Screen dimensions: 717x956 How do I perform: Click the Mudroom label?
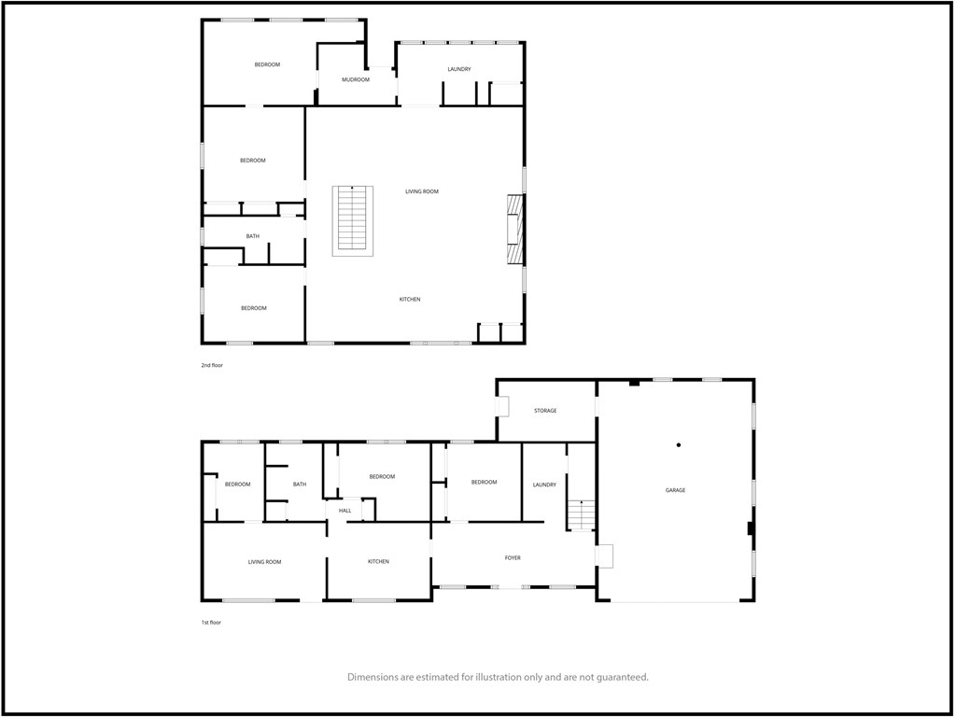coord(355,80)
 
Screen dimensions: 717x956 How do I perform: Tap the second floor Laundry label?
coord(458,69)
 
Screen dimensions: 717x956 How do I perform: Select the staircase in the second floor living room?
coord(352,220)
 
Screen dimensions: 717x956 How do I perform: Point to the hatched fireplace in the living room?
coord(513,232)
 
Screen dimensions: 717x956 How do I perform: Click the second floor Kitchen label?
coord(410,300)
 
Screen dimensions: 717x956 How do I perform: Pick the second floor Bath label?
coord(253,236)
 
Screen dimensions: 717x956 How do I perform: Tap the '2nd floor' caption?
coord(212,365)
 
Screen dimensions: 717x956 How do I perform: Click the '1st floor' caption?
coord(211,622)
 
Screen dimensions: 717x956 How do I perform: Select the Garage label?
coord(675,490)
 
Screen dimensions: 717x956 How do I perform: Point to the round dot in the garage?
coord(679,444)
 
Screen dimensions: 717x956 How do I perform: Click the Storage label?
coord(545,411)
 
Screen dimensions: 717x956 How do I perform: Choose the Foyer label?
coord(513,558)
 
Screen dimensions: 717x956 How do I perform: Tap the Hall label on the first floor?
coord(344,511)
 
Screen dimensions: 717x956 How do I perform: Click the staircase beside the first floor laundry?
coord(581,515)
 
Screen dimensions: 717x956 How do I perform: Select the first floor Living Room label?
coord(264,562)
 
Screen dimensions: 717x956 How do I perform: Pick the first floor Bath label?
coord(300,485)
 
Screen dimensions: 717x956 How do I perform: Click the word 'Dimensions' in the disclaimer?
coord(377,677)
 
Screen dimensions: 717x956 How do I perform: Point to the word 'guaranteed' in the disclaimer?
coord(617,677)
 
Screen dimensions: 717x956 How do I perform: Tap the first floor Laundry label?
coord(544,485)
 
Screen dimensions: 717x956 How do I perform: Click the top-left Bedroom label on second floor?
coord(267,64)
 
